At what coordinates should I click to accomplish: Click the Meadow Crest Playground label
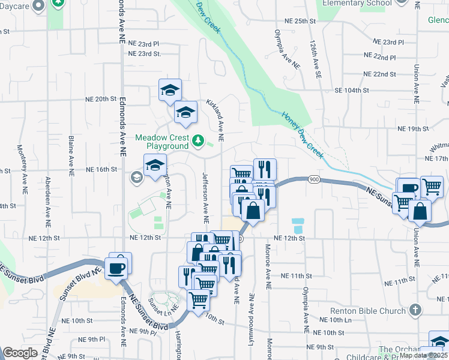[x=161, y=142]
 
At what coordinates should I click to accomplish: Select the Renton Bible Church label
[x=367, y=311]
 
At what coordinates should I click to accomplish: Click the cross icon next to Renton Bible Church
[x=414, y=310]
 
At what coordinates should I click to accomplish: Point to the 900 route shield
[x=313, y=179]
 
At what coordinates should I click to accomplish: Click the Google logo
[x=20, y=352]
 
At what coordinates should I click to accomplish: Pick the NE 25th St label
[x=301, y=21]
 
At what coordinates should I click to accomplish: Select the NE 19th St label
[x=414, y=129]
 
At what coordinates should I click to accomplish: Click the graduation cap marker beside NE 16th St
[x=155, y=166]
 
